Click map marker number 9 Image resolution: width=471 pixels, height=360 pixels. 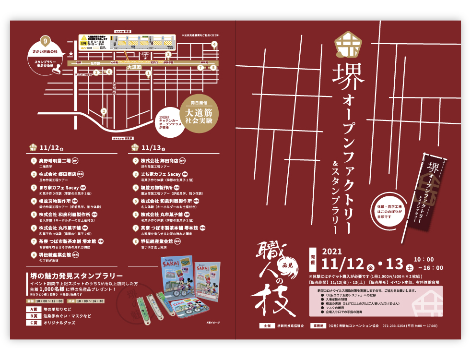45,40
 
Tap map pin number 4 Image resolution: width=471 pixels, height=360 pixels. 214,45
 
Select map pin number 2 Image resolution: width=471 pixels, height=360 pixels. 104,111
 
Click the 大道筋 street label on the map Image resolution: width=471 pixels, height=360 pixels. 134,68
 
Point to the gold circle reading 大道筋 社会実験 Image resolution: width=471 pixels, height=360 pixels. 202,113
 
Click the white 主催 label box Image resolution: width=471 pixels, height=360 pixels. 265,325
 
